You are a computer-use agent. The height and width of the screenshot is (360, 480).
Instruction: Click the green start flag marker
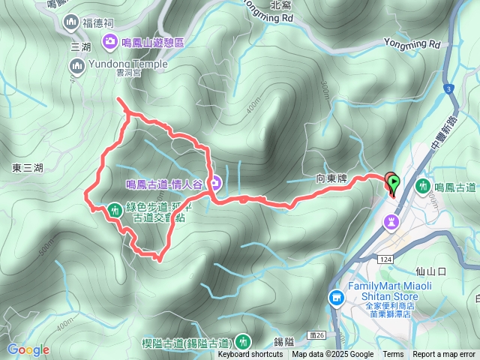pyautogui.click(x=392, y=181)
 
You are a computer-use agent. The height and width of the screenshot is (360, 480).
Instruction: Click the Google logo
pyautogui.click(x=28, y=349)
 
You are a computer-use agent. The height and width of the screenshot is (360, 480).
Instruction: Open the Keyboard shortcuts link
pyautogui.click(x=250, y=355)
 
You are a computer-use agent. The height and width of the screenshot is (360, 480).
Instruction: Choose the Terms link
pyautogui.click(x=393, y=355)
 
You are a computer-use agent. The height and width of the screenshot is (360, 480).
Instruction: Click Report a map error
pyautogui.click(x=444, y=355)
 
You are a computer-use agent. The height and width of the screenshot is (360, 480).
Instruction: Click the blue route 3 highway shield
pyautogui.click(x=448, y=90)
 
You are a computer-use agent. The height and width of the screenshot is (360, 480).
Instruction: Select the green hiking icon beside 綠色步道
pyautogui.click(x=114, y=211)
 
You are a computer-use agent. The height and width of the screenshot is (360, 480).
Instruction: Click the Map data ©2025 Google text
pyautogui.click(x=333, y=355)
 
